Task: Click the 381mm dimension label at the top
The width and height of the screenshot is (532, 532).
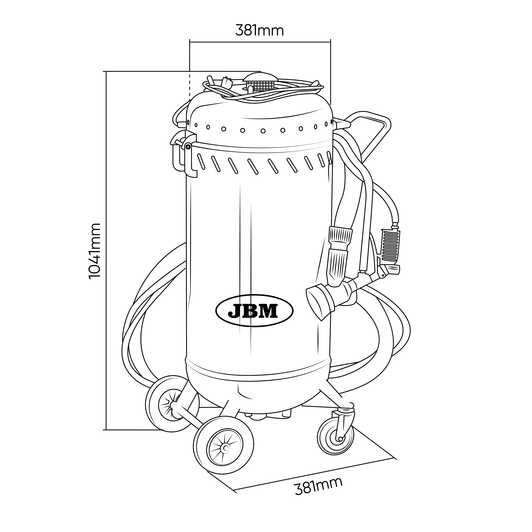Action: point(259,31)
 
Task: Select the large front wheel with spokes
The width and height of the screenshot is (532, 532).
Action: point(224,448)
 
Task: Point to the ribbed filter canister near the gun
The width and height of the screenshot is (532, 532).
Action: point(390,242)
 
